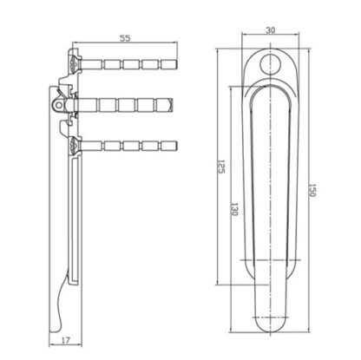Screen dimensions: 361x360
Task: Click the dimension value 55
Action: (x=125, y=38)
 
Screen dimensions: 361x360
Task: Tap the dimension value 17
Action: (x=66, y=340)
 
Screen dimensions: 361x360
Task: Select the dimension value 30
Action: (x=270, y=29)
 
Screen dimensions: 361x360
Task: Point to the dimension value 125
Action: (x=220, y=167)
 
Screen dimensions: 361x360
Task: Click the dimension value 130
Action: (x=234, y=209)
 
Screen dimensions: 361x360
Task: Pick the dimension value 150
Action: (x=312, y=190)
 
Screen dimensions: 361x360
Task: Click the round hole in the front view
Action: (x=270, y=64)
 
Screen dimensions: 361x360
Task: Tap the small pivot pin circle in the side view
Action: (x=59, y=105)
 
